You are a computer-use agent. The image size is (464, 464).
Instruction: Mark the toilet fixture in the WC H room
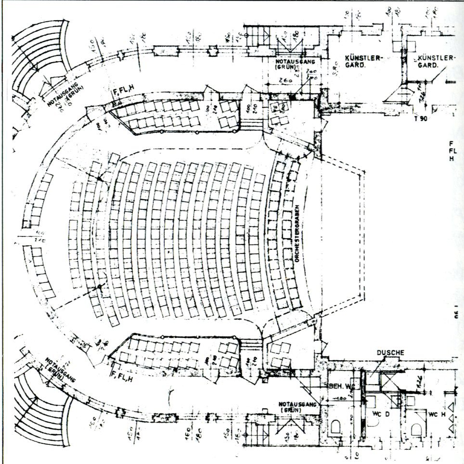(x=417, y=428)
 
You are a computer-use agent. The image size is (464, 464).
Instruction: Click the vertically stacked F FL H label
(x=451, y=151)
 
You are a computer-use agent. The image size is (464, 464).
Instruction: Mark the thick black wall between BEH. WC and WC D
(x=362, y=390)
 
